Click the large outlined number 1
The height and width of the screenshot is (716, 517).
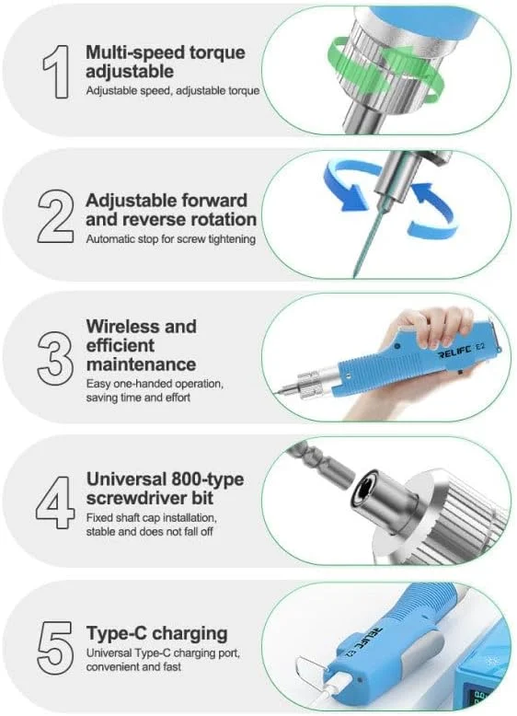(x=57, y=72)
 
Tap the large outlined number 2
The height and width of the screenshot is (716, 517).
(x=55, y=216)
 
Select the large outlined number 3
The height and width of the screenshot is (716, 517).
(x=55, y=358)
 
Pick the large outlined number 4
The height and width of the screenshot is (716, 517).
(x=55, y=502)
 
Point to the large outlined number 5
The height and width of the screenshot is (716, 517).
(x=55, y=648)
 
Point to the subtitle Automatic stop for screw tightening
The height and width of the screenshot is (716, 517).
(x=171, y=238)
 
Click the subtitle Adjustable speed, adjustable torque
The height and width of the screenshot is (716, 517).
(x=173, y=90)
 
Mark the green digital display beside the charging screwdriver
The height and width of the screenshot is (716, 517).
(x=484, y=698)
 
